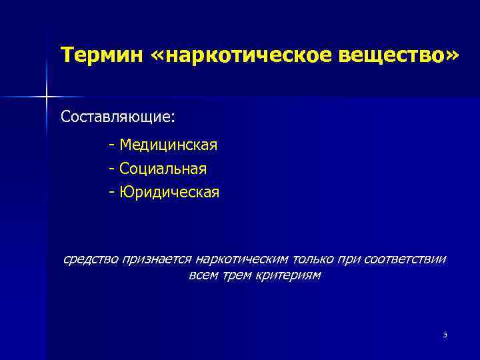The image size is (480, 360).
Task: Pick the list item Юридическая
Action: (x=169, y=193)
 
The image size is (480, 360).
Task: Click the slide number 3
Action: (x=444, y=335)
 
